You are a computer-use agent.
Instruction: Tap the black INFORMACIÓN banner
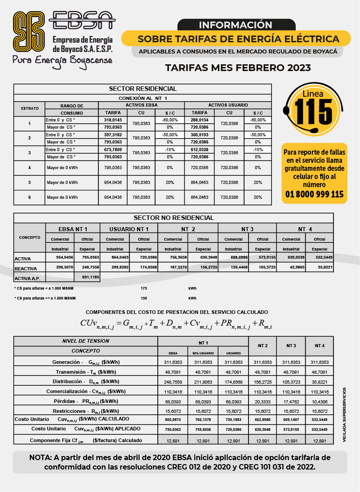236,25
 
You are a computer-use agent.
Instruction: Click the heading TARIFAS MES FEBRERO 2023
238,68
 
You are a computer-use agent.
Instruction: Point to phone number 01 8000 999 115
315,194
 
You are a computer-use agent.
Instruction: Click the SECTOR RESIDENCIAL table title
143,89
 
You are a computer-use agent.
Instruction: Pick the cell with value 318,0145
113,120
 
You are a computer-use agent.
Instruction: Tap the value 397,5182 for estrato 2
113,135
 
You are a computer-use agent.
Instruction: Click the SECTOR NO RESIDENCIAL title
173,218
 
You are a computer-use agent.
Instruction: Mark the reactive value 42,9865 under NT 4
291,268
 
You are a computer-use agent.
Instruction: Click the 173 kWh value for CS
144,288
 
